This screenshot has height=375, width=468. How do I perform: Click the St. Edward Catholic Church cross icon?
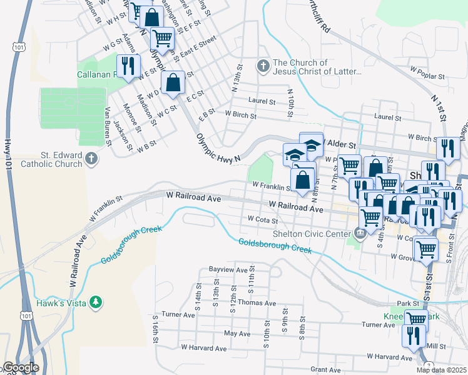pos(91,158)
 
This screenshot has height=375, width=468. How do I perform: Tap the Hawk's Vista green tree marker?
pos(95,302)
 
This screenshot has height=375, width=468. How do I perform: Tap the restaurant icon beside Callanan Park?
pos(128,66)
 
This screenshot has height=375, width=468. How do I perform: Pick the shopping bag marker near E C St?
pos(173,82)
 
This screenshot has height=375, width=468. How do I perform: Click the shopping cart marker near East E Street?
pos(163,39)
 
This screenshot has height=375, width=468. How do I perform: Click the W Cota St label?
pos(263,219)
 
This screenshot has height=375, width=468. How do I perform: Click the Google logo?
pos(21,367)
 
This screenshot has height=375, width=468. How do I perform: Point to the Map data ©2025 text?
pos(441,370)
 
